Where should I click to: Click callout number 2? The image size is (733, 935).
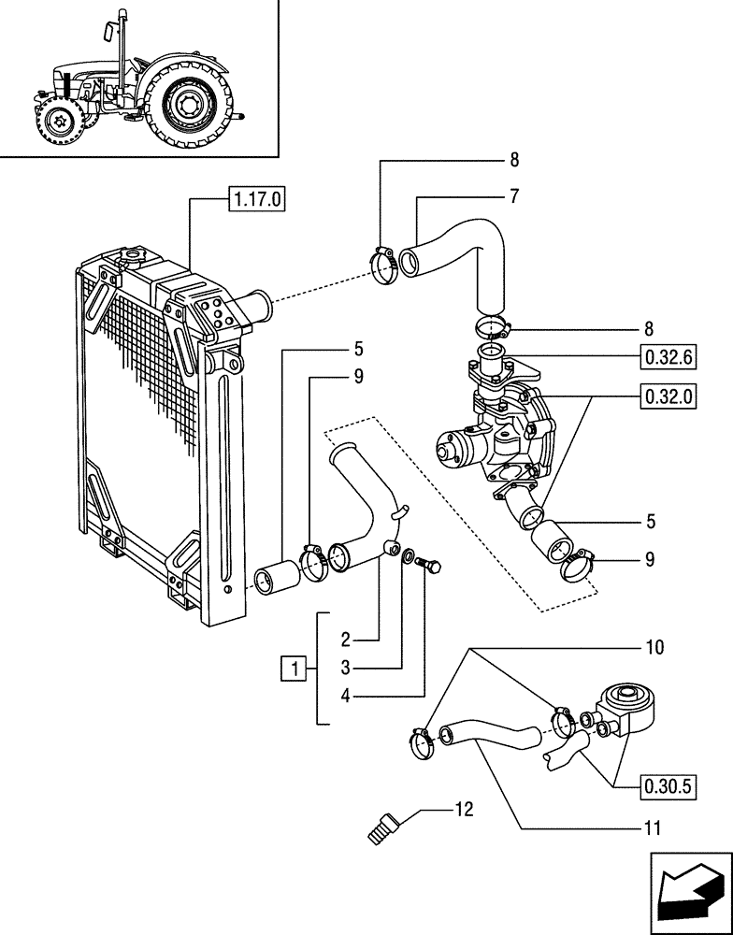point(345,640)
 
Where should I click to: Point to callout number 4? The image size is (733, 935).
point(345,695)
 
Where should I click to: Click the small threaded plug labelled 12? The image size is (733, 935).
point(383,828)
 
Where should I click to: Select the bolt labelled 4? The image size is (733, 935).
point(431,565)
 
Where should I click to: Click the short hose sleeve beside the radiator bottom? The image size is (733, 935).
point(276,576)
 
